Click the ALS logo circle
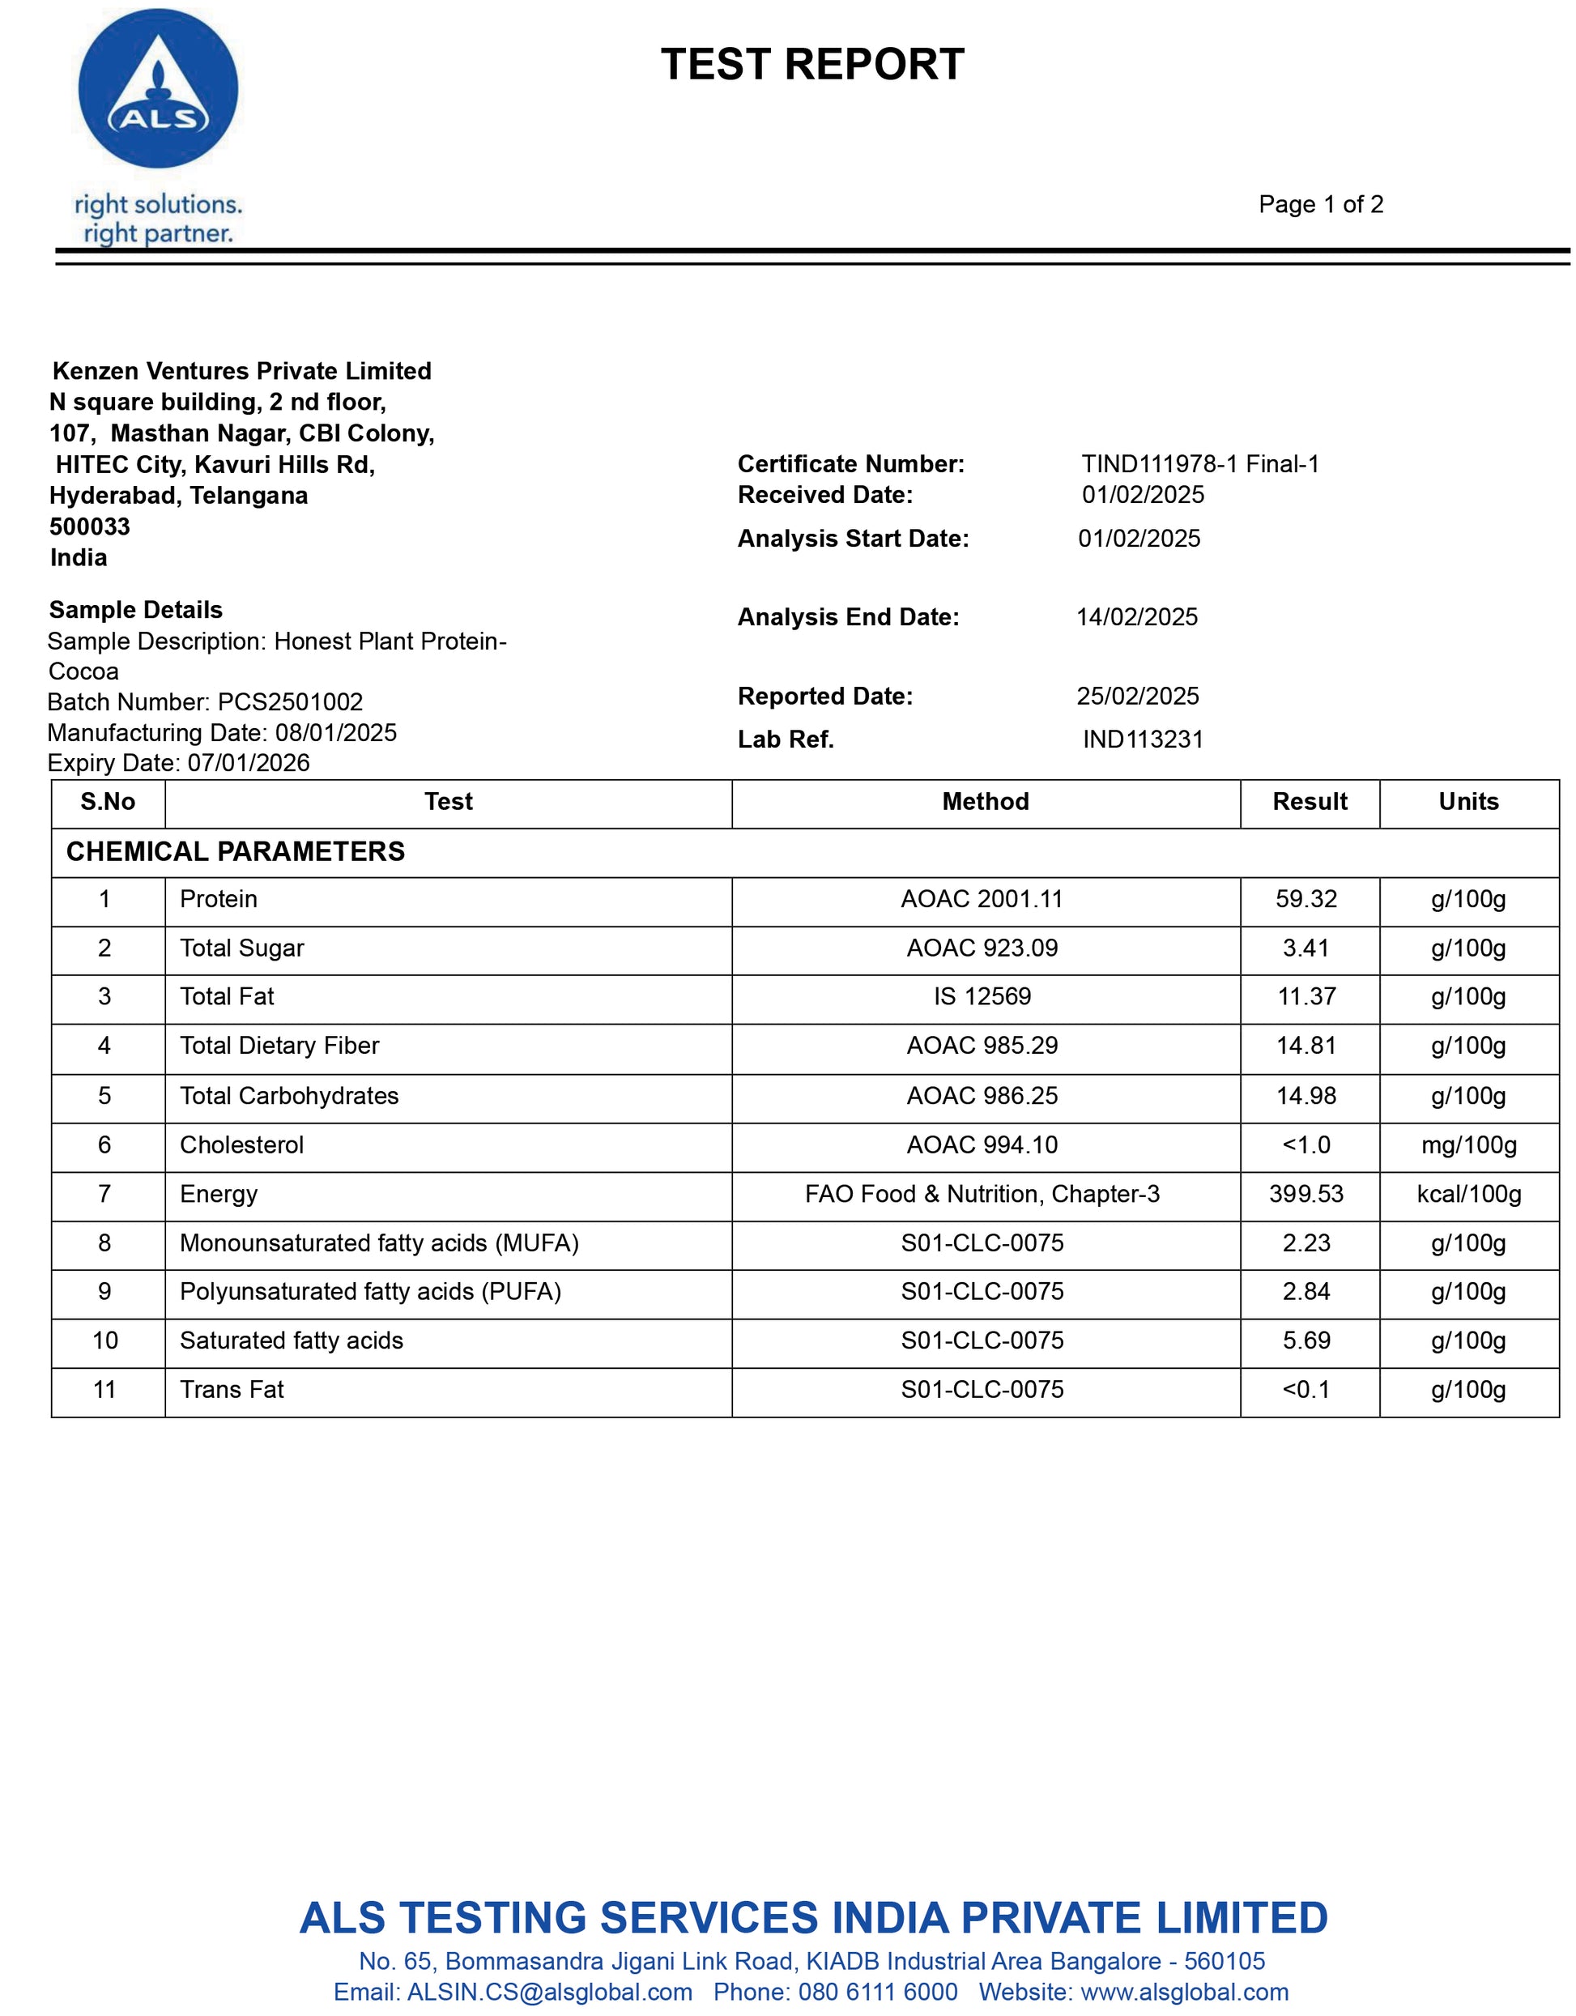coord(158,88)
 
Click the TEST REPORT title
coord(812,65)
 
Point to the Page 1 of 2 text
coord(1320,204)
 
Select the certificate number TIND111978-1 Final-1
coord(1199,463)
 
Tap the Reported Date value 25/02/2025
coord(1137,696)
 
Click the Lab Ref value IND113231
coord(1143,739)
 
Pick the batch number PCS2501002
coord(290,701)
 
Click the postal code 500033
coord(90,526)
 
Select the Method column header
coord(985,801)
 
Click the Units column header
coord(1468,801)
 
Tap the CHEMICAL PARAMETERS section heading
coord(236,851)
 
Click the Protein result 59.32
coord(1306,899)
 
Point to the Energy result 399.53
coord(1306,1194)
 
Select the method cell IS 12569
coord(982,996)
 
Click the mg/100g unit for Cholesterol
coord(1468,1144)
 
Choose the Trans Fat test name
coord(232,1389)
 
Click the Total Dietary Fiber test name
coord(279,1045)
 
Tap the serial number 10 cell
coord(105,1340)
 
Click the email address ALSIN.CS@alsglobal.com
coord(549,1992)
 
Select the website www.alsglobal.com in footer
coord(1184,1992)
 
